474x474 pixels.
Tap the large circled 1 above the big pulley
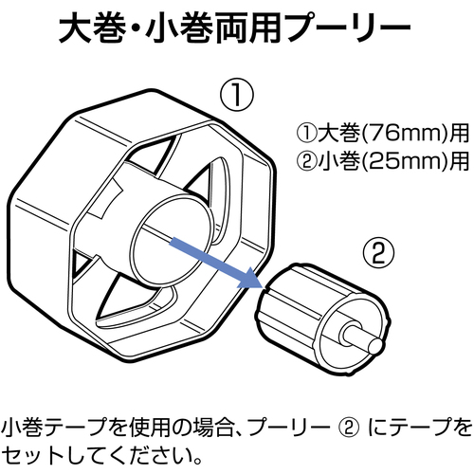237,94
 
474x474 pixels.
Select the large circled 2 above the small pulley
378,252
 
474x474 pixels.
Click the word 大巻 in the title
90,27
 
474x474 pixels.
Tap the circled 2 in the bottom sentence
348,428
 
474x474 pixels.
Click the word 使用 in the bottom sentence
152,428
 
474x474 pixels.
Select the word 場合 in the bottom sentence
213,428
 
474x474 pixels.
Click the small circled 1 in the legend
306,133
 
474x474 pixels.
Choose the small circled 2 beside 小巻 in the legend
306,161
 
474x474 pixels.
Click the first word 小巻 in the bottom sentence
22,428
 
